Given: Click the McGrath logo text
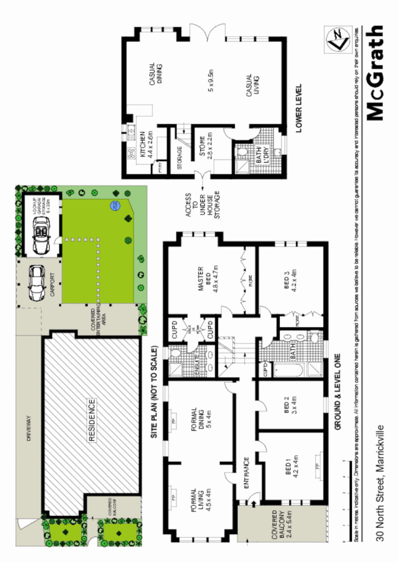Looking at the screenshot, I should pyautogui.click(x=374, y=73).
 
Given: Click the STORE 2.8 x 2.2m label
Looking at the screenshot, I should pyautogui.click(x=205, y=145).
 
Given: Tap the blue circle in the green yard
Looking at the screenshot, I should pyautogui.click(x=115, y=205).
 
